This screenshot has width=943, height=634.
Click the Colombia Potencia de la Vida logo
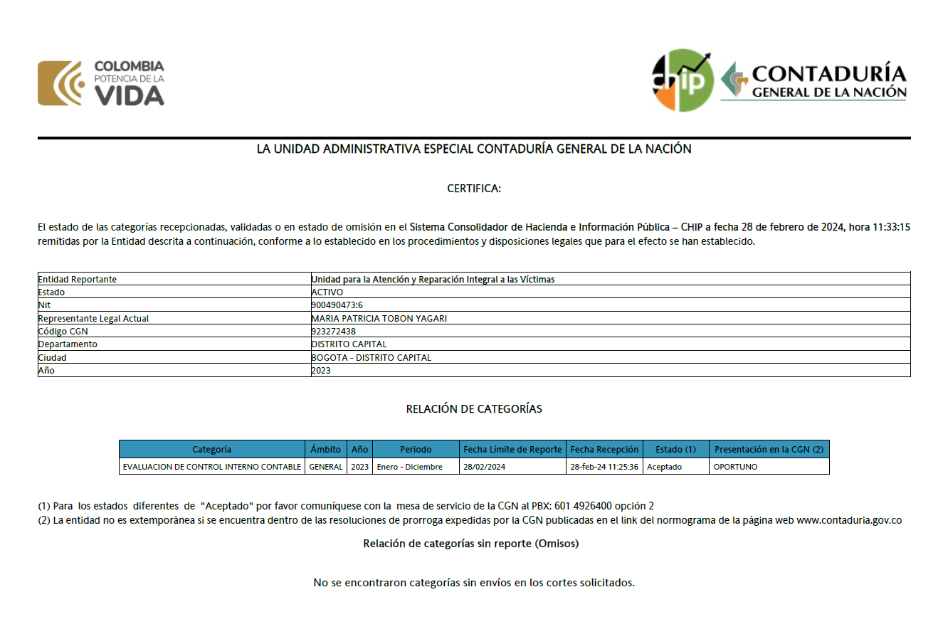101,83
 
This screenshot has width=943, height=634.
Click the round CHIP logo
683,80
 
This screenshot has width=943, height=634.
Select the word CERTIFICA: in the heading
474,189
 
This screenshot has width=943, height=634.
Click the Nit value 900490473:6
337,305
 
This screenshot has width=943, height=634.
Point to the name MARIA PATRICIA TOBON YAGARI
379,318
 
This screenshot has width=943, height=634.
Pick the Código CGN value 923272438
334,331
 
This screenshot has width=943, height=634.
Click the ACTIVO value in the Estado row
327,292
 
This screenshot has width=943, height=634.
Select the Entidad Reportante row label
77,280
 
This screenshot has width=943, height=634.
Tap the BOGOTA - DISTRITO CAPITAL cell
371,357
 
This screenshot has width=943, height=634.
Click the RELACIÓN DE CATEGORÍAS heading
474,409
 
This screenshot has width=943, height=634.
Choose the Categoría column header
211,450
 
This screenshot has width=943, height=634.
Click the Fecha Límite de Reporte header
512,450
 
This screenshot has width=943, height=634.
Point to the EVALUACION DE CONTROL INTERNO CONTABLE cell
211,467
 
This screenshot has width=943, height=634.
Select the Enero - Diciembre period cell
410,467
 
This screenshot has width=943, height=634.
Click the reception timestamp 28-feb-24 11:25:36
604,467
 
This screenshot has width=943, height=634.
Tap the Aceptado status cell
664,467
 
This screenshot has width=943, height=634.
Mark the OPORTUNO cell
735,467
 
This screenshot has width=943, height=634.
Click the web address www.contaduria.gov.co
849,520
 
